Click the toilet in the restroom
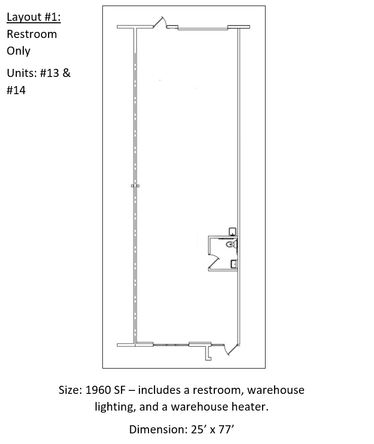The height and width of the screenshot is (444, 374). (x=232, y=244)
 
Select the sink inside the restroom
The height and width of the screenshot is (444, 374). (x=234, y=264)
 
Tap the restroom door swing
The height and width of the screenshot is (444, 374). (x=214, y=261)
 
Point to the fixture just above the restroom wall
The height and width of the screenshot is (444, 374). (x=233, y=231)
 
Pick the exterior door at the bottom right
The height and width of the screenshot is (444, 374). (x=230, y=349)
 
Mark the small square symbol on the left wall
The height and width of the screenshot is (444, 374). (x=135, y=186)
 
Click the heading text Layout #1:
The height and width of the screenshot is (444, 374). (x=34, y=17)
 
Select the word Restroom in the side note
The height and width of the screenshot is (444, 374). (x=32, y=34)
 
